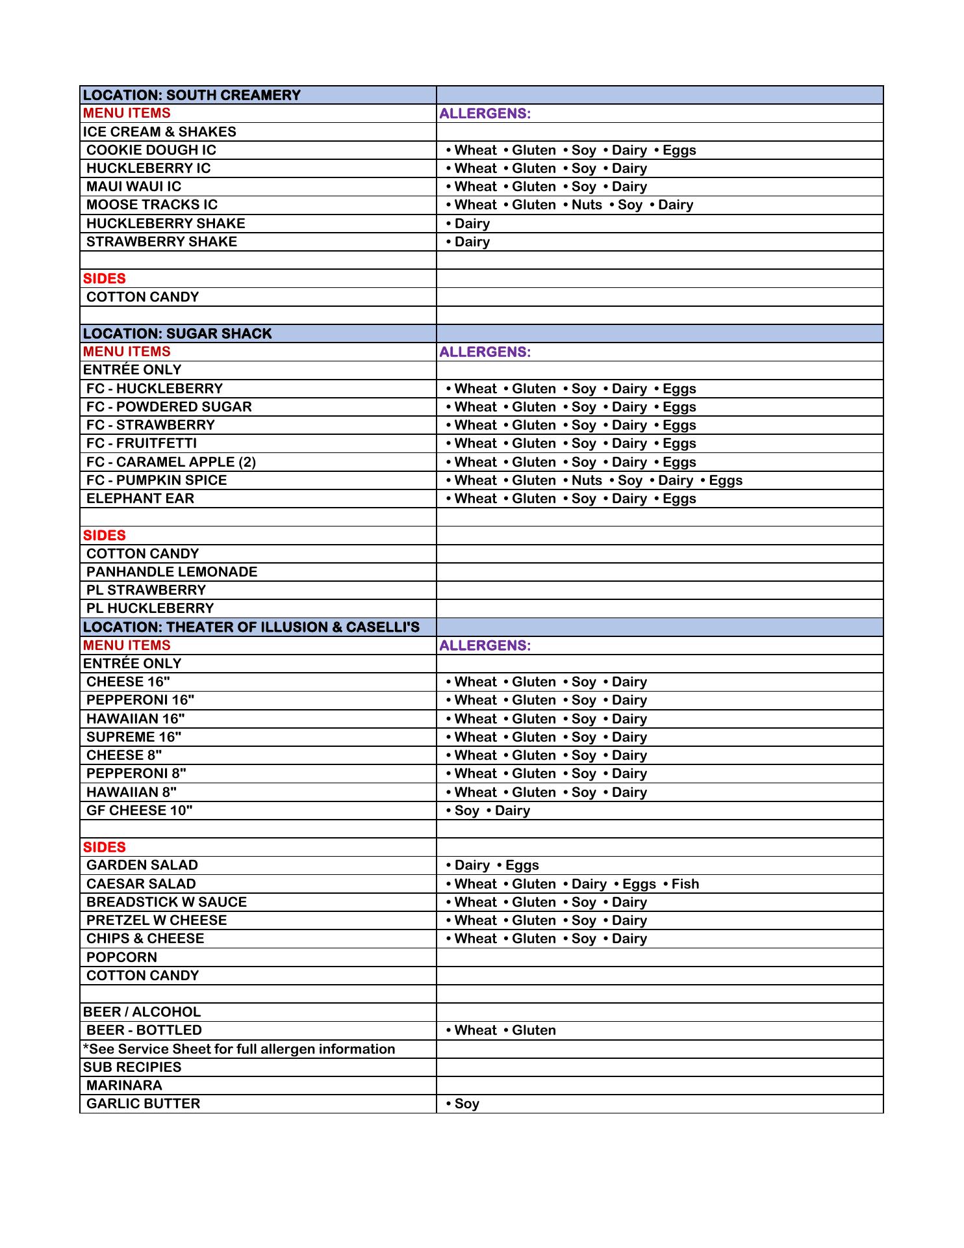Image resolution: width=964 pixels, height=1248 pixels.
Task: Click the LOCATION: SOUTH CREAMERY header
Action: point(192,95)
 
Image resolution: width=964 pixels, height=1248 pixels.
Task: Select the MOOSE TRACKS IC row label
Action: point(152,205)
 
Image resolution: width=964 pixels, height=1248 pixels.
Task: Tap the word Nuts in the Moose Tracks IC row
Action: point(587,205)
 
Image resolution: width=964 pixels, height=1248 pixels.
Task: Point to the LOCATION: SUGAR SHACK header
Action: point(177,333)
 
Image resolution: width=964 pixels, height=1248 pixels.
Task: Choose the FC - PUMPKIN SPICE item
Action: point(157,480)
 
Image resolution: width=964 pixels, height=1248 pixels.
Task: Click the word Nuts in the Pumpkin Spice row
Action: point(587,480)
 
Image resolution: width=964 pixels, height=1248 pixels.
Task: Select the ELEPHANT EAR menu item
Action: point(140,499)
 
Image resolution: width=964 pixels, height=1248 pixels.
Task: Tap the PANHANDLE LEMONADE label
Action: point(171,572)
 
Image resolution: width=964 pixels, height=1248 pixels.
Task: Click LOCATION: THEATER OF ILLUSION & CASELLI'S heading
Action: point(251,627)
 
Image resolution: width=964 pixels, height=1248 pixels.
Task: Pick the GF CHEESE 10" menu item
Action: point(140,811)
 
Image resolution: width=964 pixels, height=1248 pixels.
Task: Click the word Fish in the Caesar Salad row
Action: point(685,884)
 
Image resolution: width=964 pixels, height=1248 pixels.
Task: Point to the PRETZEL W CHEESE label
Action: point(157,920)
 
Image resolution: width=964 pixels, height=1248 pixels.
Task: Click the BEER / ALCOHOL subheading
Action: point(142,1012)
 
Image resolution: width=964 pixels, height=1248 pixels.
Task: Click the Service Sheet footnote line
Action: point(239,1049)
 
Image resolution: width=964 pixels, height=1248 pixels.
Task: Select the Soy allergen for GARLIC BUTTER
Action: point(466,1104)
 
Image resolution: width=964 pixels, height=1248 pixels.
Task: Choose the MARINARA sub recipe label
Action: point(124,1085)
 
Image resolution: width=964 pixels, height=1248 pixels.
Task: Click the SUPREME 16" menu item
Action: point(134,737)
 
